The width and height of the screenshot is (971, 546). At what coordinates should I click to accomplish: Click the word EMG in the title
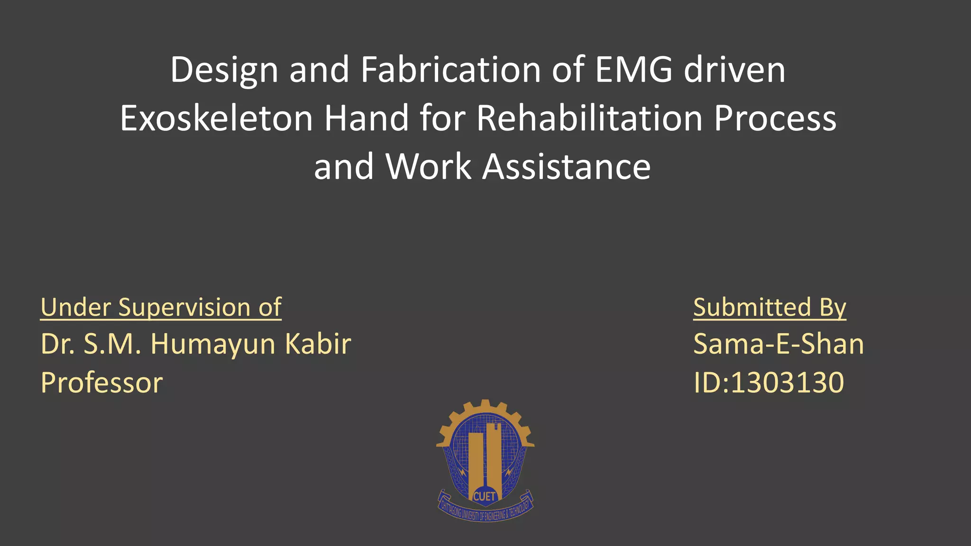coord(633,70)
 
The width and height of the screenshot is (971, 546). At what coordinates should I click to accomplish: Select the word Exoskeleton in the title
coord(216,118)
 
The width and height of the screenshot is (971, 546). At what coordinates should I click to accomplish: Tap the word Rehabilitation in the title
coord(589,118)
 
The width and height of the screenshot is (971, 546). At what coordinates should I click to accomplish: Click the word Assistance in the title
coord(566,167)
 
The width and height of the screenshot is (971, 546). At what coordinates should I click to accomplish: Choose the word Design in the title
coord(224,70)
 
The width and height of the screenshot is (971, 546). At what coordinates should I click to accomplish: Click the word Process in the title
coord(775,118)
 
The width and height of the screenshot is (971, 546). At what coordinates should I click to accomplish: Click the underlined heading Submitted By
coord(769,307)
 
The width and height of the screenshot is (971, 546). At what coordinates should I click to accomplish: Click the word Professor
coord(101,382)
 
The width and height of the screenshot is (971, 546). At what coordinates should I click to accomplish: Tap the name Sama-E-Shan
coord(779,344)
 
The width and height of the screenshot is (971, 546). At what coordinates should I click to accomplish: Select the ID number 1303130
coord(787,382)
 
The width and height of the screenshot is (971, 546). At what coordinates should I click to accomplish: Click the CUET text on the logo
coord(484,496)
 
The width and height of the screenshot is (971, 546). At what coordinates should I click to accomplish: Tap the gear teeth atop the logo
coord(485,406)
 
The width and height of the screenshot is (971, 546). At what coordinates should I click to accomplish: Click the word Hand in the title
coord(366,118)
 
